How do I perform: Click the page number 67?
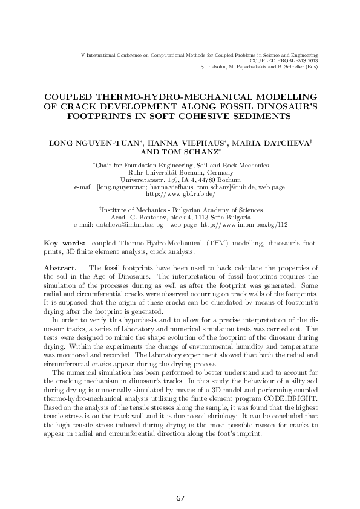click(180, 498)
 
